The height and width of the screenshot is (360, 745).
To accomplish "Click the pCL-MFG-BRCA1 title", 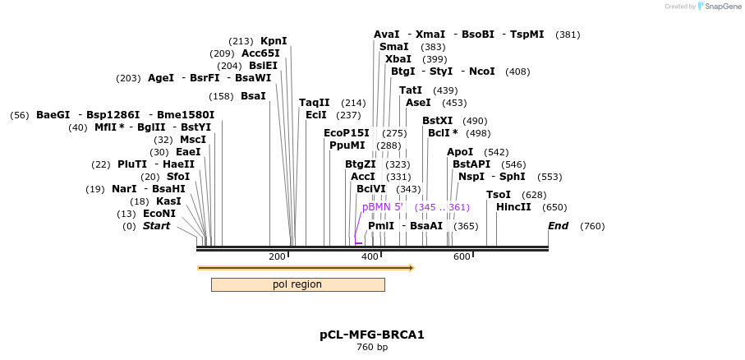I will [371, 335].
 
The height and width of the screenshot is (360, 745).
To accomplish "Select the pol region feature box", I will [297, 284].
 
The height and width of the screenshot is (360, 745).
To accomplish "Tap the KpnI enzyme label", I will [274, 41].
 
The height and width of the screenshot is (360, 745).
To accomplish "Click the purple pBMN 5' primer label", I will [383, 207].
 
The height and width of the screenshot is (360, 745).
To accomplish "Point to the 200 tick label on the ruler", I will [277, 257].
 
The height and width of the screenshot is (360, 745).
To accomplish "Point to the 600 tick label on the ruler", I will [462, 257].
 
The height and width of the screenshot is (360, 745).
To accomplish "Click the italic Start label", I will [157, 226].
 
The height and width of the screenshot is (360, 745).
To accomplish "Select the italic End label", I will [559, 226].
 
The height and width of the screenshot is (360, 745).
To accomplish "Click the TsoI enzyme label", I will [499, 195].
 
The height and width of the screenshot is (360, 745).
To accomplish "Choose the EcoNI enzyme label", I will [159, 214].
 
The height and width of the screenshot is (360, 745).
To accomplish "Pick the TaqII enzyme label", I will [315, 103].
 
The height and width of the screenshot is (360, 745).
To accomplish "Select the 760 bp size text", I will [371, 348].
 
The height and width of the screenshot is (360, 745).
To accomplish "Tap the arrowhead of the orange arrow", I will [412, 268].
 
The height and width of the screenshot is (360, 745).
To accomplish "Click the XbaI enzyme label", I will [398, 59].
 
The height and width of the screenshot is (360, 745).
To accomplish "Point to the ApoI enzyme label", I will [460, 152].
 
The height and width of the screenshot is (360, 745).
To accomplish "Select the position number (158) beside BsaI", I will [222, 96].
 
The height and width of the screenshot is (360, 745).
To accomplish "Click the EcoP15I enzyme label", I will [347, 133].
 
